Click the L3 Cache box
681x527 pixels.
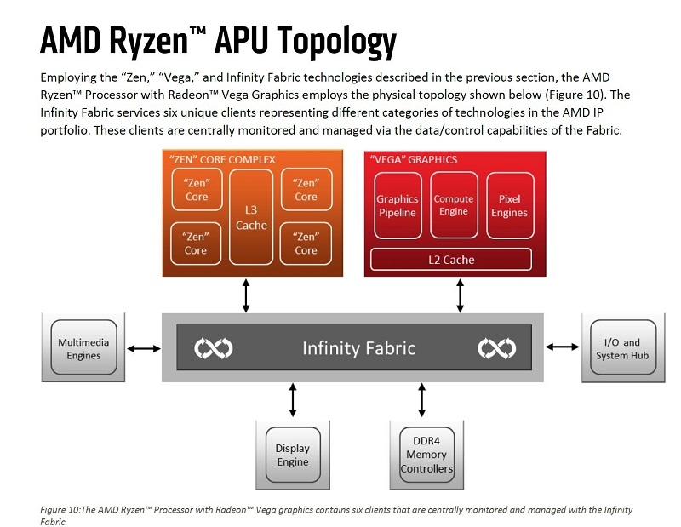point(250,216)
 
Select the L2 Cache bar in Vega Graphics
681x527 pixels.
point(451,259)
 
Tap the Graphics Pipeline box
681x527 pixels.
point(398,206)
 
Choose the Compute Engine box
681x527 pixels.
point(454,206)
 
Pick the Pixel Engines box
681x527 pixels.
point(510,206)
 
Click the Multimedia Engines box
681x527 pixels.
point(83,347)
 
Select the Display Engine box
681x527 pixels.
point(293,455)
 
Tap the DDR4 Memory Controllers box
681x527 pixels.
point(426,455)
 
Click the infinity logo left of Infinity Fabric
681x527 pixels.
point(213,348)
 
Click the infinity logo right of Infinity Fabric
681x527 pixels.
point(496,348)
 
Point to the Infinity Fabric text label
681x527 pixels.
point(359,348)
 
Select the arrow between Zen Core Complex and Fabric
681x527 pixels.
point(247,295)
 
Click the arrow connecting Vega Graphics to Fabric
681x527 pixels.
point(461,295)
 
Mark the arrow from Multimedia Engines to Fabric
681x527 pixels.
point(143,348)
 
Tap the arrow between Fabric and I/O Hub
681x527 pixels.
point(562,347)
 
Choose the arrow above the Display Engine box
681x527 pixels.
point(293,400)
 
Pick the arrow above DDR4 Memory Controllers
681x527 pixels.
point(421,400)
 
